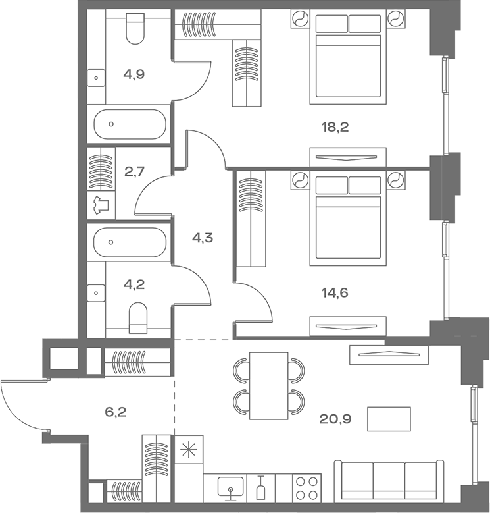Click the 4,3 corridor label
202,237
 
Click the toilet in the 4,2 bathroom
138,317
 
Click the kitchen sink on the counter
230,487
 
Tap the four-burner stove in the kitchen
306,487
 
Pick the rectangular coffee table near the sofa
389,419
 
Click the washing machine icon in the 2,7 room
101,206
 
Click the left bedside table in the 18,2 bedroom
300,20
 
